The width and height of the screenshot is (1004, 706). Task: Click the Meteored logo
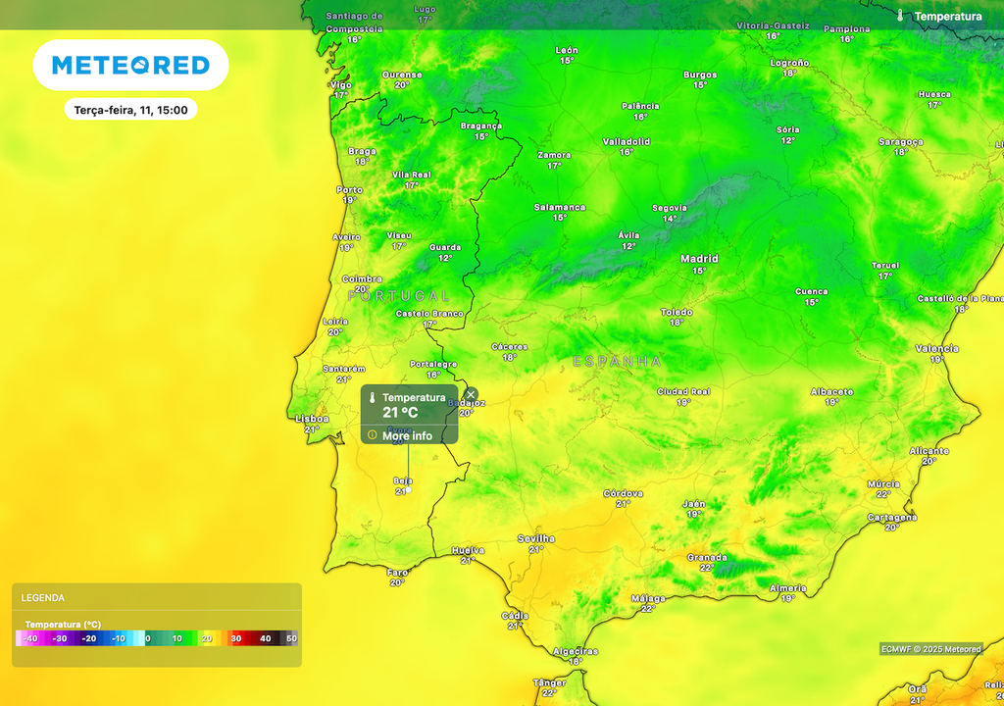point(130,66)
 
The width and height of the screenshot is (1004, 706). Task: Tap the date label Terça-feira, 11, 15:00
point(130,110)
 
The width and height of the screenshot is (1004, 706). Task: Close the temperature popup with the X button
point(471,394)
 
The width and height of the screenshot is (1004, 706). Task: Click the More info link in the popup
point(407,435)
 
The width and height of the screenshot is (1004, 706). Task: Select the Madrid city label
point(699,259)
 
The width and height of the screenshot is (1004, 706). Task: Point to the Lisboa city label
point(313,419)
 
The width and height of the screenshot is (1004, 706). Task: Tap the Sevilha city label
point(535,538)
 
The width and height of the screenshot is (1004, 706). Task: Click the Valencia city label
point(936,348)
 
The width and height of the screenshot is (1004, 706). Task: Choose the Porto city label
point(350,190)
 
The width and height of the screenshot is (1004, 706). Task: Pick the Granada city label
point(707,557)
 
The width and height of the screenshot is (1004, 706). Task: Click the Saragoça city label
point(900,141)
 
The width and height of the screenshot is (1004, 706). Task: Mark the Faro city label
point(397,572)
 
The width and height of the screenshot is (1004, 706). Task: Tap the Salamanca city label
point(560,207)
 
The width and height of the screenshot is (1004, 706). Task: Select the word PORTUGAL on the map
point(399,295)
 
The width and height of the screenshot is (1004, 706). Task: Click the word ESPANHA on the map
point(617,362)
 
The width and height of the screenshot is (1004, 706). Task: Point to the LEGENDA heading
point(43,597)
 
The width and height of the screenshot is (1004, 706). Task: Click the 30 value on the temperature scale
point(235,638)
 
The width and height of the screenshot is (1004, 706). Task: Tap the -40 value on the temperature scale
point(30,638)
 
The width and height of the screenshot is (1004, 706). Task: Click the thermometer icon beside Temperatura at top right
point(900,16)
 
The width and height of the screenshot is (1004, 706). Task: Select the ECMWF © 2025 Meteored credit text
point(930,649)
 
